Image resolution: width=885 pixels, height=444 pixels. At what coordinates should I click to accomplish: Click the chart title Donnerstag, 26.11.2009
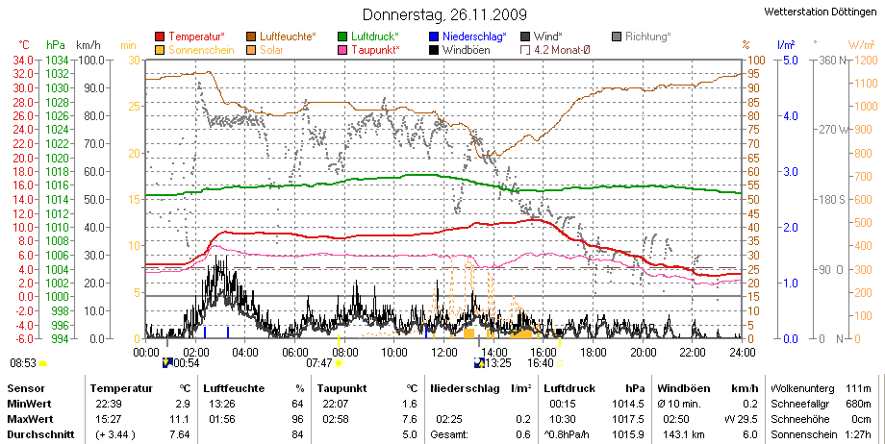(x=444, y=13)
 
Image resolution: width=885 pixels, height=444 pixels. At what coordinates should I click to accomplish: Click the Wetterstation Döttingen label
(x=821, y=12)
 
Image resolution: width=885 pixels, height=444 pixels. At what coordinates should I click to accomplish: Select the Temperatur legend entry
(x=190, y=37)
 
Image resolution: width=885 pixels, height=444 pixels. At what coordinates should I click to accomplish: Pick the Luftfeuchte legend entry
(x=281, y=37)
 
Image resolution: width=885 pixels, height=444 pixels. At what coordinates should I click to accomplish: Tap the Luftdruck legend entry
(x=368, y=37)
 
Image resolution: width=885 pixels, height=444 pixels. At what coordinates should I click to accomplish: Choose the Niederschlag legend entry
(x=468, y=37)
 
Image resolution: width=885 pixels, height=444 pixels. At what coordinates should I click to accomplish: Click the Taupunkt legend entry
(x=368, y=50)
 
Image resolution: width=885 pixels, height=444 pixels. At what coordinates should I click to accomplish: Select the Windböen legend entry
(x=460, y=50)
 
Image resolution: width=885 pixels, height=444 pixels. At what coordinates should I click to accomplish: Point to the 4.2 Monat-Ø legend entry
(x=555, y=50)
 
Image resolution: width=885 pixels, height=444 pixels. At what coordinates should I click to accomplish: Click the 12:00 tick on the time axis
(x=443, y=353)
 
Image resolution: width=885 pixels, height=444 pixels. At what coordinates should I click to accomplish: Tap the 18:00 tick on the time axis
(x=593, y=353)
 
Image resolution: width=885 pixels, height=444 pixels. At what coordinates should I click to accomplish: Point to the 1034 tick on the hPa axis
(x=57, y=60)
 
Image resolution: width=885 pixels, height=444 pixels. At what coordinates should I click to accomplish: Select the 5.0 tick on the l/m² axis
(x=789, y=60)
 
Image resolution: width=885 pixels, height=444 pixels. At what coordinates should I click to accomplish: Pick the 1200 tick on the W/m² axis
(x=867, y=60)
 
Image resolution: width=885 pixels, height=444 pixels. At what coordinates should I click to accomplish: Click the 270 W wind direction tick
(x=834, y=130)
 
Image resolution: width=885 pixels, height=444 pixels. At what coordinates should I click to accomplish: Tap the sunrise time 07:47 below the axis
(x=318, y=363)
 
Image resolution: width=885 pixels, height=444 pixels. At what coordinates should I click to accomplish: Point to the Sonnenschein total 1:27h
(x=859, y=434)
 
